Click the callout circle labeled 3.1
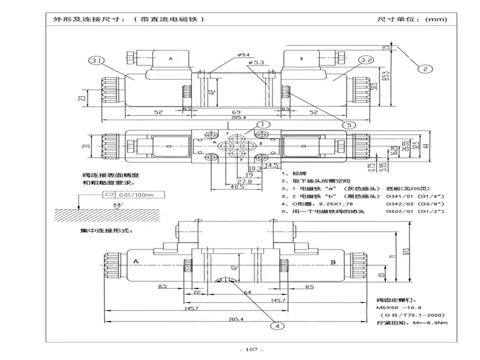(97, 60)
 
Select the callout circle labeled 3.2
(368, 60)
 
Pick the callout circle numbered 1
(262, 125)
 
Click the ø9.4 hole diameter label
(245, 55)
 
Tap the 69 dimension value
(237, 112)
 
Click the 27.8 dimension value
(244, 181)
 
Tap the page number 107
(247, 350)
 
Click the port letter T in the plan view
(227, 136)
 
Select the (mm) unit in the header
(436, 19)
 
